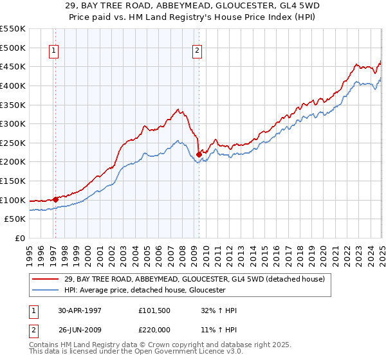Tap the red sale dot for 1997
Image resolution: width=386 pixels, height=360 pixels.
pyautogui.click(x=56, y=199)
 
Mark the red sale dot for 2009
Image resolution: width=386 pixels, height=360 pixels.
pyautogui.click(x=199, y=154)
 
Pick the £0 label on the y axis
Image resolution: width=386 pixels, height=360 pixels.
pyautogui.click(x=20, y=238)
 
